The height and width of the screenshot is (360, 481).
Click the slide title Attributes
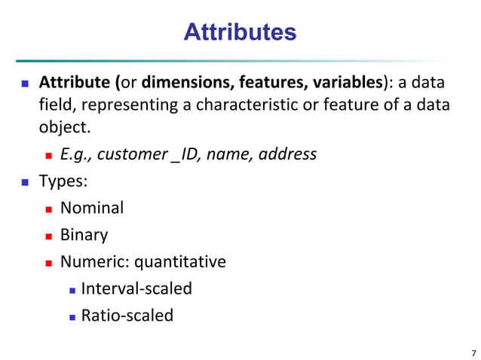coord(240,32)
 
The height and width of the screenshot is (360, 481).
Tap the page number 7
coord(473,352)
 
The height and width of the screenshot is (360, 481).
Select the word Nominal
coord(91,208)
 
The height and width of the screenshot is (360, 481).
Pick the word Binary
coord(84,235)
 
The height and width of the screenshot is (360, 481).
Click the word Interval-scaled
coord(136,288)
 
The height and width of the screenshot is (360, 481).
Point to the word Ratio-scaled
coord(127,315)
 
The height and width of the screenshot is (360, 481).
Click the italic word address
coord(288,154)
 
